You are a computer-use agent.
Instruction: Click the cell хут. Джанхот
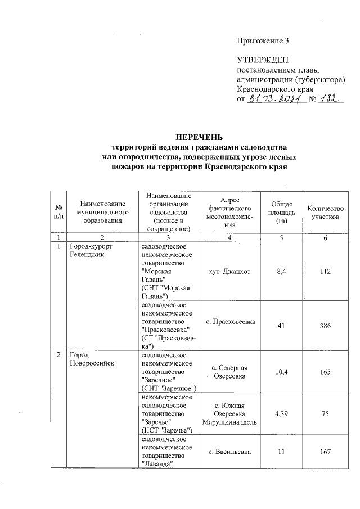pyautogui.click(x=228, y=272)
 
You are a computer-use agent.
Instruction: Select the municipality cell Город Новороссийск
pyautogui.click(x=92, y=359)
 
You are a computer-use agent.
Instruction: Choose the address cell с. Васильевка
pyautogui.click(x=228, y=452)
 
